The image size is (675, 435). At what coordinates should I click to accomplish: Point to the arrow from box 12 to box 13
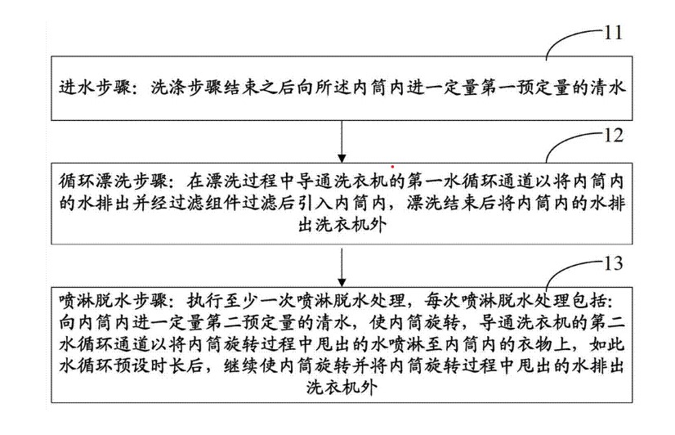(x=338, y=264)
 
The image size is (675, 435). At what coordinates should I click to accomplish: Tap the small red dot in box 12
(x=393, y=166)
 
